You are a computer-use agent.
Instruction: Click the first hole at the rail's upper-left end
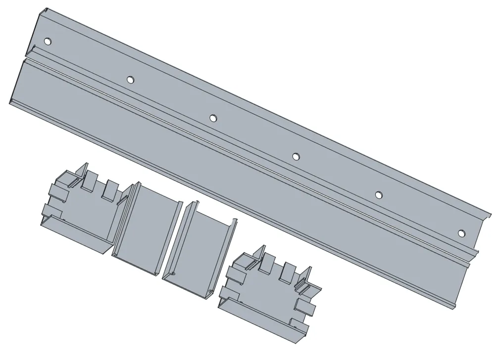click(x=48, y=42)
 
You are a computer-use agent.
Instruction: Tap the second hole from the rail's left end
click(x=130, y=79)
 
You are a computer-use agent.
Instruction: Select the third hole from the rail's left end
click(x=213, y=118)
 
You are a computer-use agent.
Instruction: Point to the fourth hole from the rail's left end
click(x=296, y=156)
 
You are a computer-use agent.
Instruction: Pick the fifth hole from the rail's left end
click(x=378, y=194)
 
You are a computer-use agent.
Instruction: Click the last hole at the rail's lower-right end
click(x=461, y=233)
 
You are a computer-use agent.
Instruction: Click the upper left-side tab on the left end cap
click(x=55, y=189)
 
